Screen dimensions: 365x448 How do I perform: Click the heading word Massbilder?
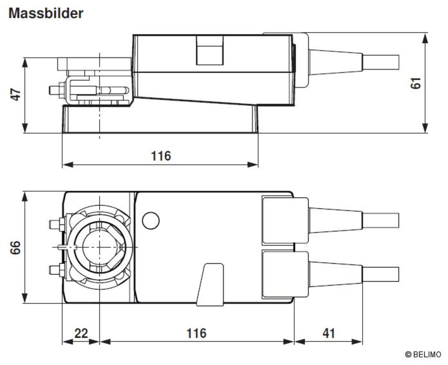46,13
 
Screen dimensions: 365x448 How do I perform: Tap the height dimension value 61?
417,83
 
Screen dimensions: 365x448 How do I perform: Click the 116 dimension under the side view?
160,156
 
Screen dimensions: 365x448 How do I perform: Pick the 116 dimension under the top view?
196,333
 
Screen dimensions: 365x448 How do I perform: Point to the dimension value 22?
81,333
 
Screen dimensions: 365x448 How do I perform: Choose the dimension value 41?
328,333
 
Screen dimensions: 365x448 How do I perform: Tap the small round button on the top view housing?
151,220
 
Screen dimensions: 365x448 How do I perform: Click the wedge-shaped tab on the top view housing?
210,284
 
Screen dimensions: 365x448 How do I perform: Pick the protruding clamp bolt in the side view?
55,90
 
